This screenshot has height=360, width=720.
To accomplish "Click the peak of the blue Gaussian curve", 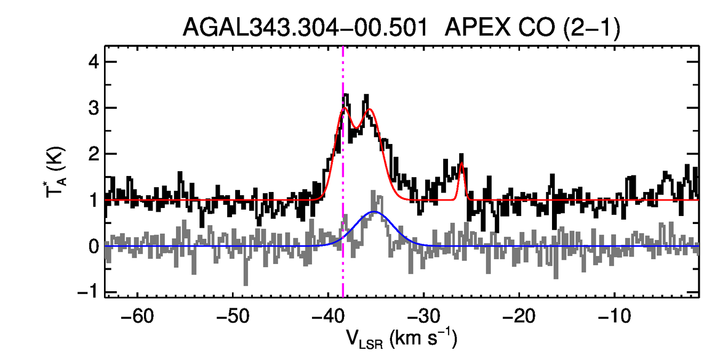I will coord(375,212).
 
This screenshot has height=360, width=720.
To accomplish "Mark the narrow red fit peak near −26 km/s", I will coord(461,164).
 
